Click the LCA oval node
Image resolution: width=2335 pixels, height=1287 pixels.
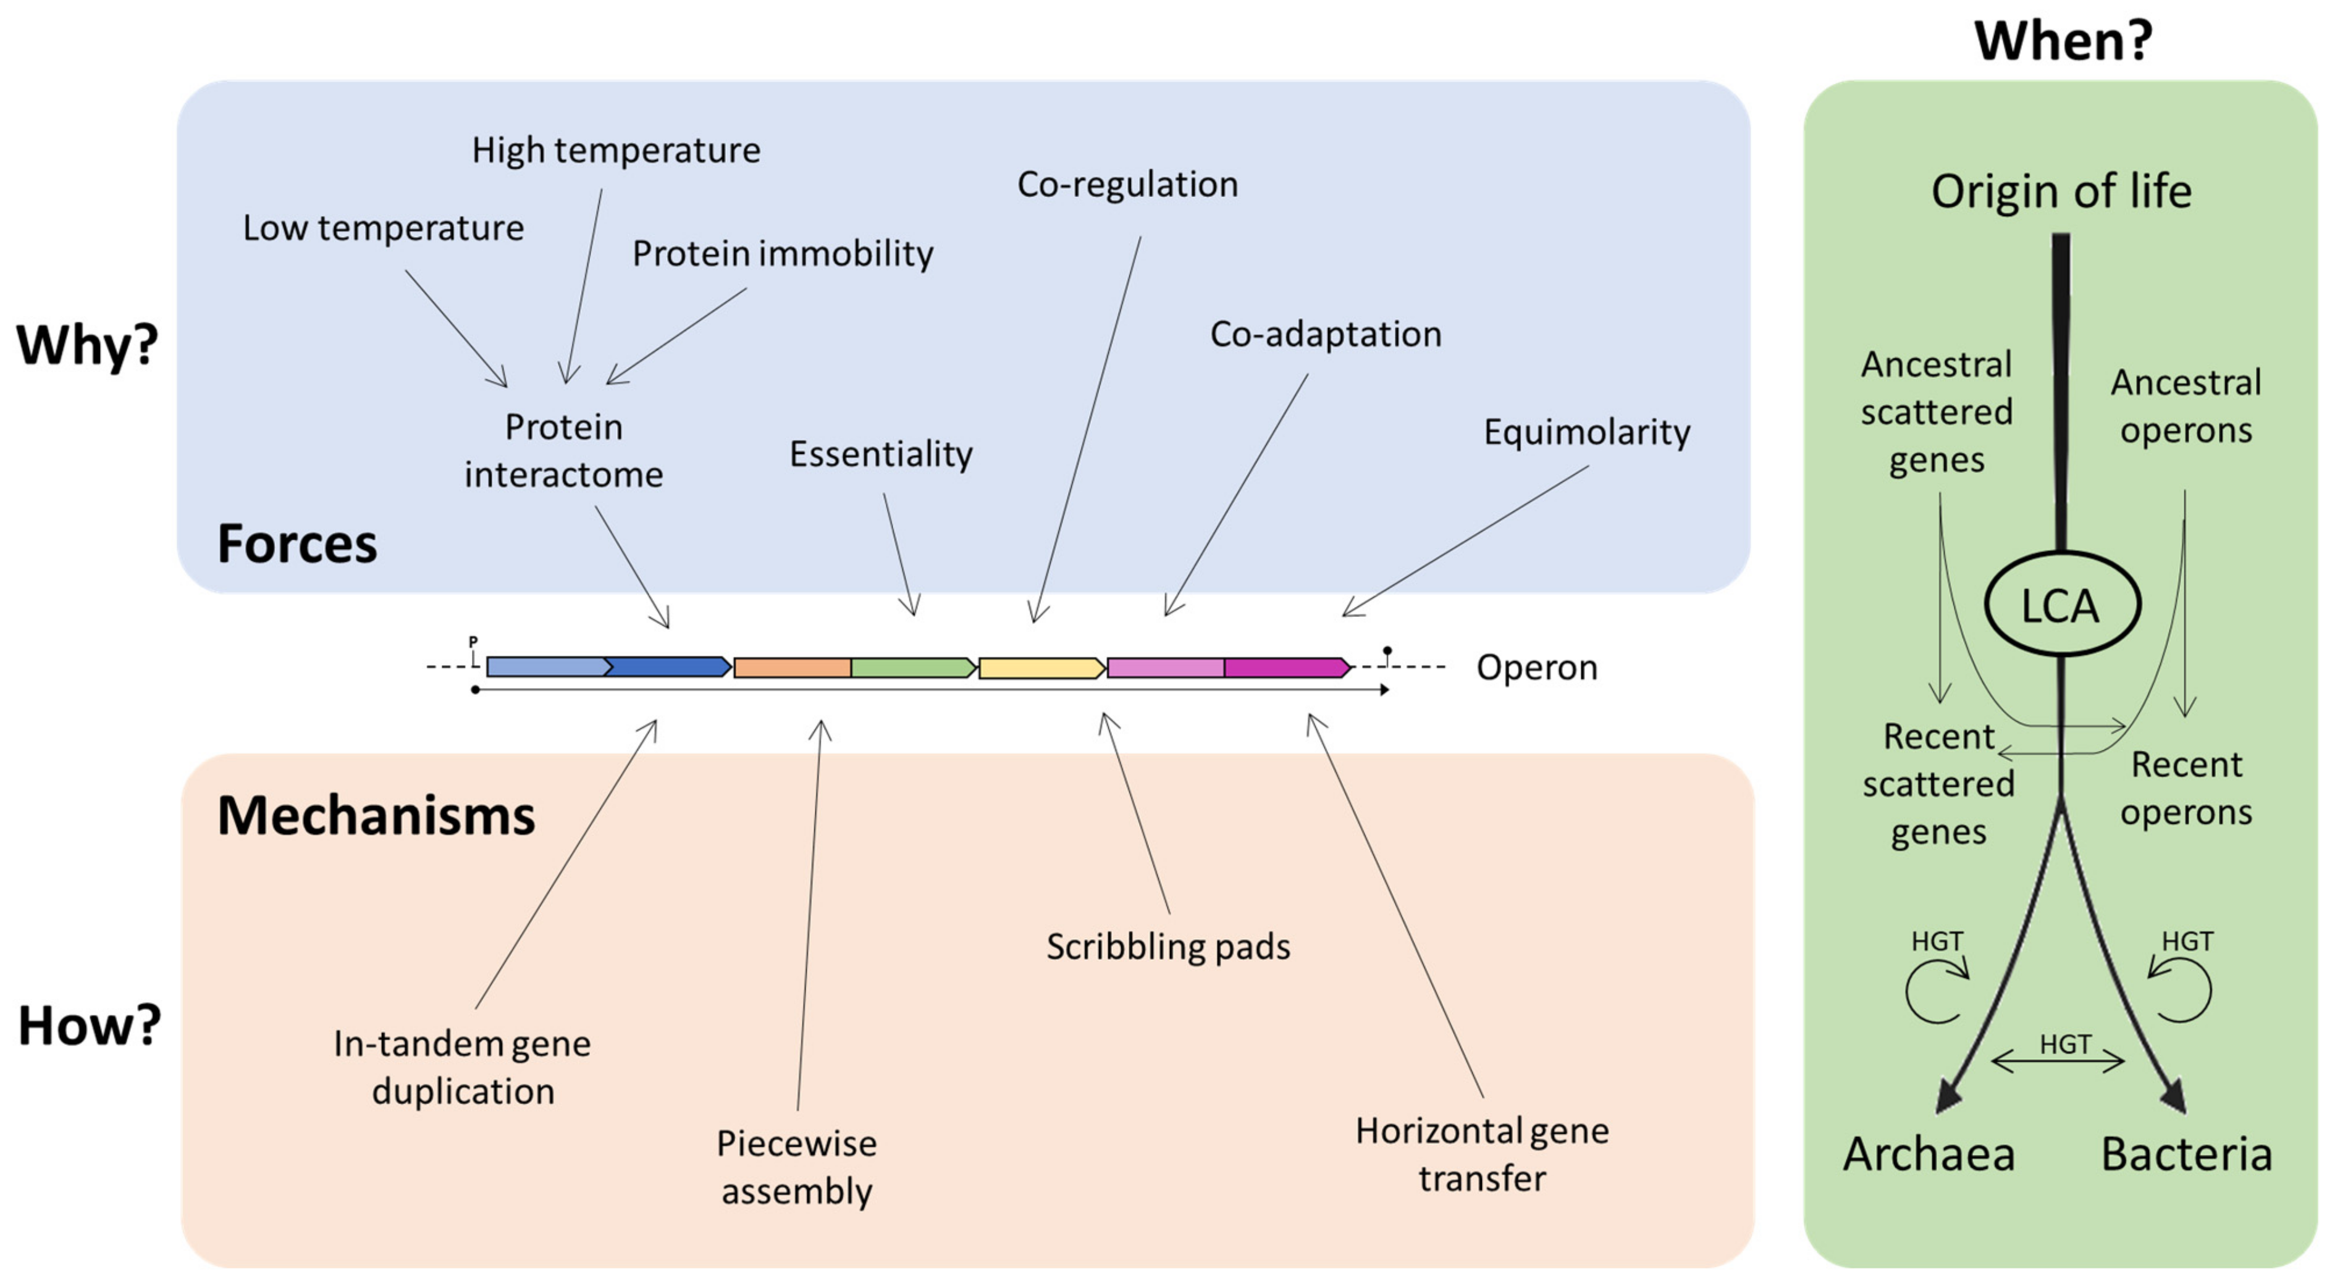(x=2061, y=605)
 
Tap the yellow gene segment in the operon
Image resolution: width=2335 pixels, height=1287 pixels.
(x=1041, y=669)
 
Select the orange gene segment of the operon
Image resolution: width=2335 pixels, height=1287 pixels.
(x=791, y=669)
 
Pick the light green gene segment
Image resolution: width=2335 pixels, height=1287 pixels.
(x=912, y=669)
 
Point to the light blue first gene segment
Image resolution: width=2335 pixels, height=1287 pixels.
(x=547, y=668)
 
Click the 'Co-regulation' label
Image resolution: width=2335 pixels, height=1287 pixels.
(x=1127, y=185)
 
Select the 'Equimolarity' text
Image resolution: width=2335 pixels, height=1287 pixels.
(x=1586, y=432)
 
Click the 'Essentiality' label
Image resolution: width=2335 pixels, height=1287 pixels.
(x=880, y=454)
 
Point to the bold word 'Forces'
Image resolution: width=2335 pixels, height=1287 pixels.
(x=297, y=544)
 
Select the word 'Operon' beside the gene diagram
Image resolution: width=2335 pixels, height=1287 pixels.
(x=1536, y=668)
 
